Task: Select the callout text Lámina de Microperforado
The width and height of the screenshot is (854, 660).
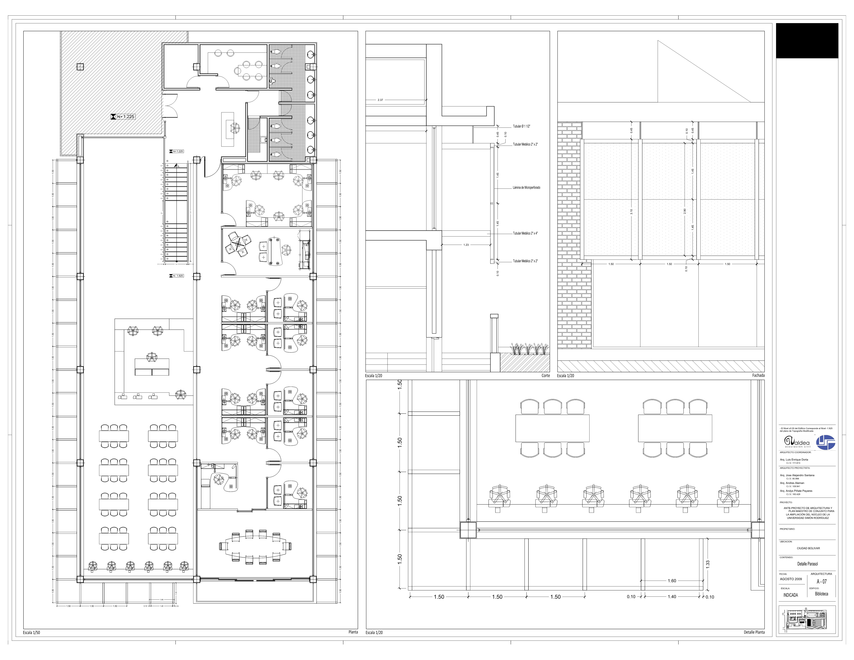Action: coord(526,188)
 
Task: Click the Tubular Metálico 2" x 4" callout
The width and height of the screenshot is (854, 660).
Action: coord(525,234)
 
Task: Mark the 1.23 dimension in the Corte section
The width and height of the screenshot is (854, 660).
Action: coord(466,245)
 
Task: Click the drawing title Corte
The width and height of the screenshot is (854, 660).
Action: coord(545,376)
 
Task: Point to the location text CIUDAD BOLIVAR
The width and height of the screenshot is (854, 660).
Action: coord(808,548)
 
